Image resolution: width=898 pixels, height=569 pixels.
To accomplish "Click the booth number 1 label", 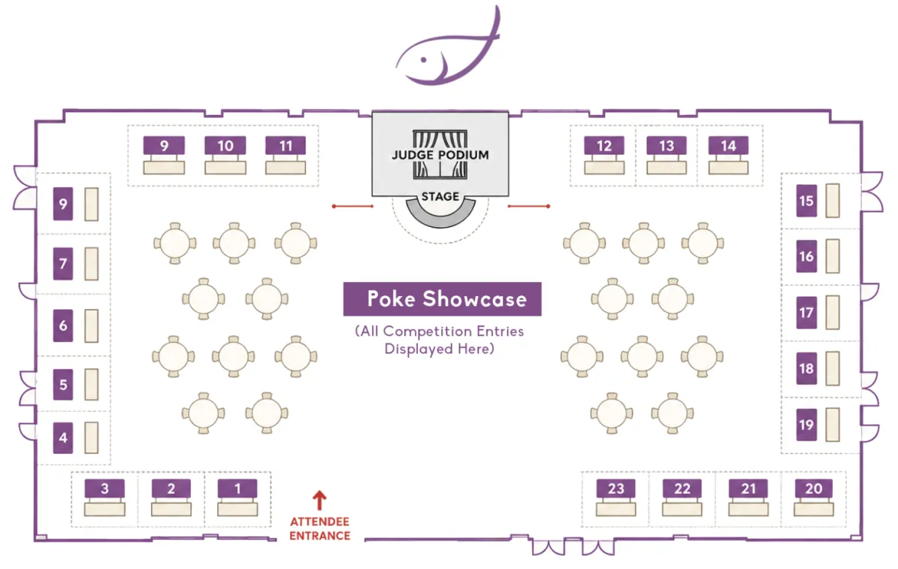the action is [237, 489].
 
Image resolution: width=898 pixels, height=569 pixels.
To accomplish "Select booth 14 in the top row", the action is [728, 146].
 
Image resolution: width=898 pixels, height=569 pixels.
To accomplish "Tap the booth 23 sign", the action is [615, 489].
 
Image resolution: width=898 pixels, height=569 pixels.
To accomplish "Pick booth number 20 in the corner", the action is [814, 489].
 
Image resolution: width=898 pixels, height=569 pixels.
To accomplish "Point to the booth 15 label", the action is [806, 201].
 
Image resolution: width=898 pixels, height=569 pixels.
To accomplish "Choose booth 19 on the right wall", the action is [806, 425].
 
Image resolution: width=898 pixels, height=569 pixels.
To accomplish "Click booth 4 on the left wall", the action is [63, 437].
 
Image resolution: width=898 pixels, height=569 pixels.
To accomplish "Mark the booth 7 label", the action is [63, 264].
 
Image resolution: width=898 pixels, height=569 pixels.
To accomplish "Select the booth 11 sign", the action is [286, 146].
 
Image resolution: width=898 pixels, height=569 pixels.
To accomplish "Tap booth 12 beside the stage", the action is [604, 146].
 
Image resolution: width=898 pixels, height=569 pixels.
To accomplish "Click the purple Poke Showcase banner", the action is [442, 298].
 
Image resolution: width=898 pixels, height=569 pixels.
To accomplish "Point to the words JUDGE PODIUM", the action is [440, 155].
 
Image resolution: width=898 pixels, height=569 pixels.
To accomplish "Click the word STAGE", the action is [440, 196].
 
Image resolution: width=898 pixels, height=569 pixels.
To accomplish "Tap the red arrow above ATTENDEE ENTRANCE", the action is [319, 501].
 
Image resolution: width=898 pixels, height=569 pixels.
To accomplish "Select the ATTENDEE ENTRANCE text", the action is [319, 528].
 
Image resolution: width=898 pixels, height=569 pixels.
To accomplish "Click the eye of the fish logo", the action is [424, 59].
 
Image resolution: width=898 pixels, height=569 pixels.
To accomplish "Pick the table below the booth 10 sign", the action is [225, 168].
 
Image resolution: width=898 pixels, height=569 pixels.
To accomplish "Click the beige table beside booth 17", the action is [833, 312].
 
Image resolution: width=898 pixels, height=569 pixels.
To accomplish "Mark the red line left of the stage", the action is [352, 206].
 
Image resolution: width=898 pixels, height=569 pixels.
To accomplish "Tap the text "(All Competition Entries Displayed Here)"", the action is [440, 340].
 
